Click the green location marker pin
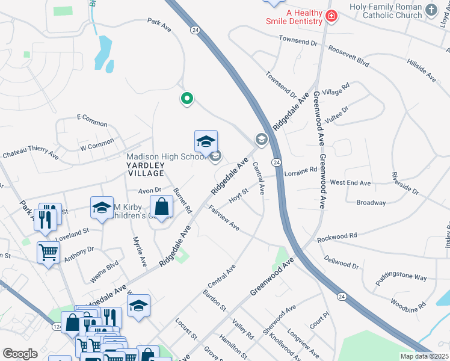tap(187, 99)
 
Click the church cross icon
tap(431, 10)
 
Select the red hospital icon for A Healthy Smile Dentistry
tap(330, 16)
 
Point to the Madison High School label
tap(165, 157)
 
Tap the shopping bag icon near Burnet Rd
tap(162, 208)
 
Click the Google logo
tap(20, 353)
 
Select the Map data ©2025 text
tap(424, 356)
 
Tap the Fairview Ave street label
tap(224, 218)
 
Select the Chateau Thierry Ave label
tap(30, 154)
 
